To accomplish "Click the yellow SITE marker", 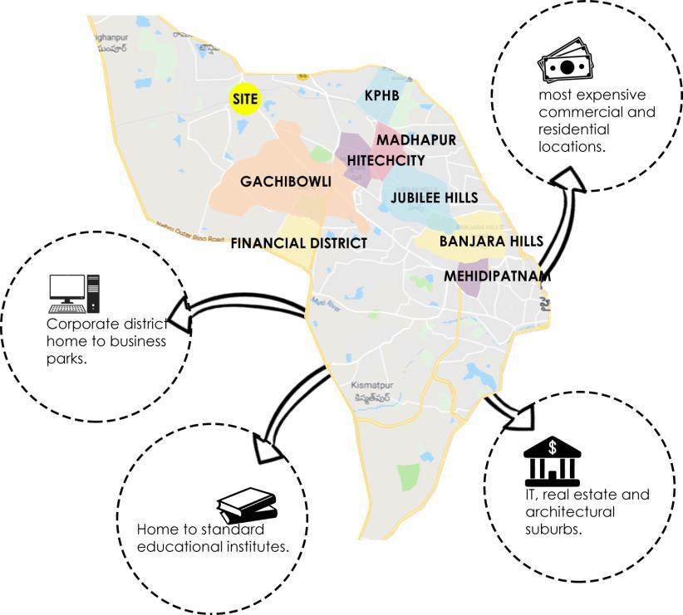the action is pos(245,99).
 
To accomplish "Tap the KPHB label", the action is pos(382,95).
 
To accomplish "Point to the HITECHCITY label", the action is pos(386,159).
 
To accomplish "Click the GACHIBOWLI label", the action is pos(286,181).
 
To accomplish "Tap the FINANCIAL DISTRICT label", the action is pos(298,243).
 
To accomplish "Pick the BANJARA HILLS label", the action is pos(491,241).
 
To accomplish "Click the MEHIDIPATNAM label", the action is pos(497,275).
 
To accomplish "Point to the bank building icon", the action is pos(552,461).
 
